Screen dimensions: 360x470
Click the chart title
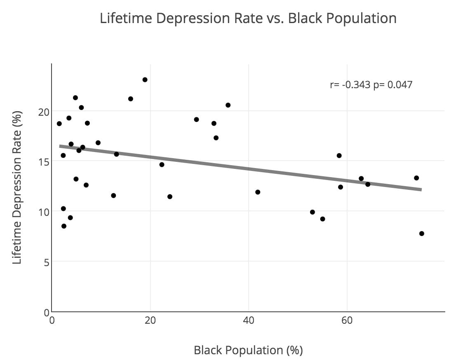point(248,19)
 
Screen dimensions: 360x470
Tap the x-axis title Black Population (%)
point(248,350)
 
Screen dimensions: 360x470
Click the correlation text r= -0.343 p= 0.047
point(371,85)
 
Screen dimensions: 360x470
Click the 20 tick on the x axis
point(150,320)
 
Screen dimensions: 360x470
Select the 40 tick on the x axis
point(249,320)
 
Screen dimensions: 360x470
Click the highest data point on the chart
point(145,79)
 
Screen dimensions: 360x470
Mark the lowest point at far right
point(421,234)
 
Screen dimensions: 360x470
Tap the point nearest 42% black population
point(258,192)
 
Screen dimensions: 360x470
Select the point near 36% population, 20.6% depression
point(228,105)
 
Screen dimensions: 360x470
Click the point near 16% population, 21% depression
point(131,99)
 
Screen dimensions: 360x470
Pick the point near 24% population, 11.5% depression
point(170,196)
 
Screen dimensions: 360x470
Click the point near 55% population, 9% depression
point(322,219)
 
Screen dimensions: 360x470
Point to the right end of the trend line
point(421,189)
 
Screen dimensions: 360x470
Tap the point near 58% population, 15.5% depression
point(339,155)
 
